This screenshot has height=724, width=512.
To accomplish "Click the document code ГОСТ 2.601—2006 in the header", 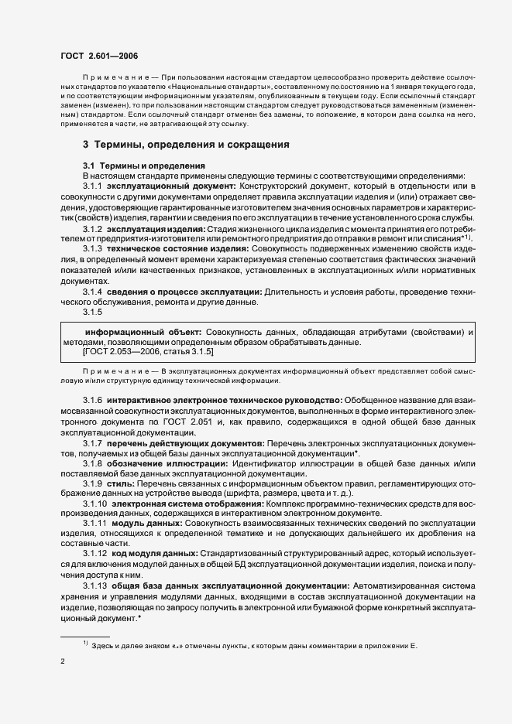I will click(99, 56).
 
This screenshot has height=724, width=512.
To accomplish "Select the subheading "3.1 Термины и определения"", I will click(143, 166).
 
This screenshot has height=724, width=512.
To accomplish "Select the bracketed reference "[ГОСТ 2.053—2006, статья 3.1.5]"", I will click(137, 351).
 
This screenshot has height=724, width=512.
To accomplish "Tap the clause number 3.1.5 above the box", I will click(93, 311).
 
